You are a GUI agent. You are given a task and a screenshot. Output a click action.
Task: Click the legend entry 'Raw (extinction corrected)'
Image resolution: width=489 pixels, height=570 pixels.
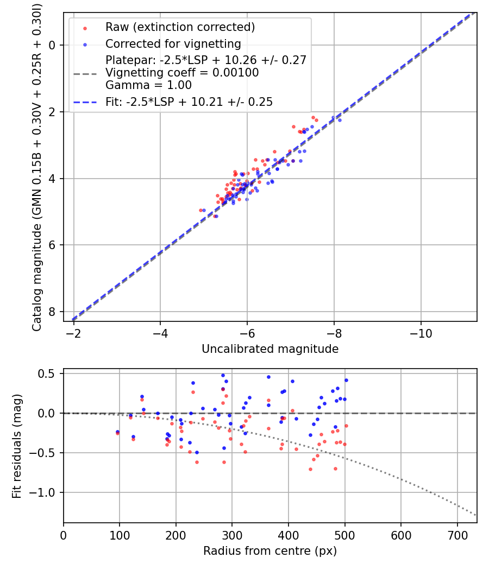pyautogui.click(x=180, y=27)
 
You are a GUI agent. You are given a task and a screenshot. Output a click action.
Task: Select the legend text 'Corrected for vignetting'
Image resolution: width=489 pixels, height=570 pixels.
pyautogui.click(x=173, y=43)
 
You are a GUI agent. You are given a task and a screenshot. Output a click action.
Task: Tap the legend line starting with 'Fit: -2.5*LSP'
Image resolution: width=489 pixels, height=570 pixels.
pyautogui.click(x=189, y=102)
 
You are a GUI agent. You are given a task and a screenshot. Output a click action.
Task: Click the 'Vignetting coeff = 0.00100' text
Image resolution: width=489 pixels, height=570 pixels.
pyautogui.click(x=182, y=72)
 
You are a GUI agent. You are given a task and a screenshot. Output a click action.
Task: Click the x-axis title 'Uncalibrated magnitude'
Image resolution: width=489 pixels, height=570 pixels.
pyautogui.click(x=270, y=349)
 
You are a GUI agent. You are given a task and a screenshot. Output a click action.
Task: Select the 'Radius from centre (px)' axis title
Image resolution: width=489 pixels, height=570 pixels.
pyautogui.click(x=270, y=550)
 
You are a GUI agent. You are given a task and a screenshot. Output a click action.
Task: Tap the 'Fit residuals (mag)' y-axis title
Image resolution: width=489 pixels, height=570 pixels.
pyautogui.click(x=17, y=446)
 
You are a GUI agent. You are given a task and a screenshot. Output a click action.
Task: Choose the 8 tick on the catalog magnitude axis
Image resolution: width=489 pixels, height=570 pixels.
pyautogui.click(x=53, y=312)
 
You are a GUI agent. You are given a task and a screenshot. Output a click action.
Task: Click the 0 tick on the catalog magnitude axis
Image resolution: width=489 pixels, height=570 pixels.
pyautogui.click(x=53, y=45)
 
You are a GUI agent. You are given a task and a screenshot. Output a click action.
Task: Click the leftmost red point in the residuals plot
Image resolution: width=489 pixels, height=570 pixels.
pyautogui.click(x=117, y=433)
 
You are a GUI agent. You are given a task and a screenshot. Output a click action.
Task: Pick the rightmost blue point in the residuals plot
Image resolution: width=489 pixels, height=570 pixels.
pyautogui.click(x=346, y=380)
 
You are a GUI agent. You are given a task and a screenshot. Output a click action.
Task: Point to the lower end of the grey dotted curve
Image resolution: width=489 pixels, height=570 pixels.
pyautogui.click(x=477, y=515)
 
